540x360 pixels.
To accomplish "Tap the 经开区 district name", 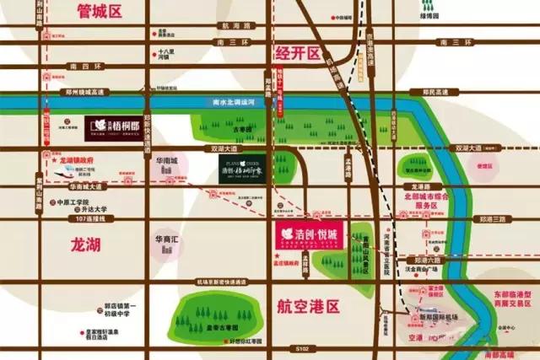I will (300, 53).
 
